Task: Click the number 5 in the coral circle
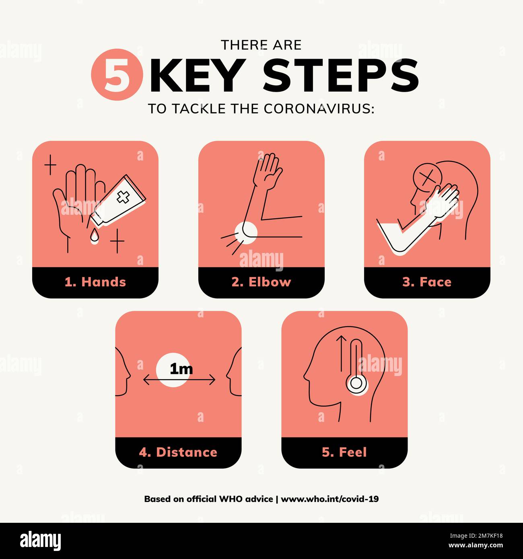pos(117,75)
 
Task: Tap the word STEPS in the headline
pos(340,75)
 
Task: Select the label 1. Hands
pos(95,282)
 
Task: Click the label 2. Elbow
pos(261,282)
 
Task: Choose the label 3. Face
pos(427,282)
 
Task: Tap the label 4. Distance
pos(178,452)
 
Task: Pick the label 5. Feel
pos(344,452)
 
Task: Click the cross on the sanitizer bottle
pos(123,197)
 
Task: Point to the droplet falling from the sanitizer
pos(94,237)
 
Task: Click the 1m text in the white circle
pos(181,369)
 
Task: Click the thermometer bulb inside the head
pos(356,383)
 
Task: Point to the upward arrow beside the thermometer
pos(342,354)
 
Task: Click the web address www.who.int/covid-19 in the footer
pos(329,499)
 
